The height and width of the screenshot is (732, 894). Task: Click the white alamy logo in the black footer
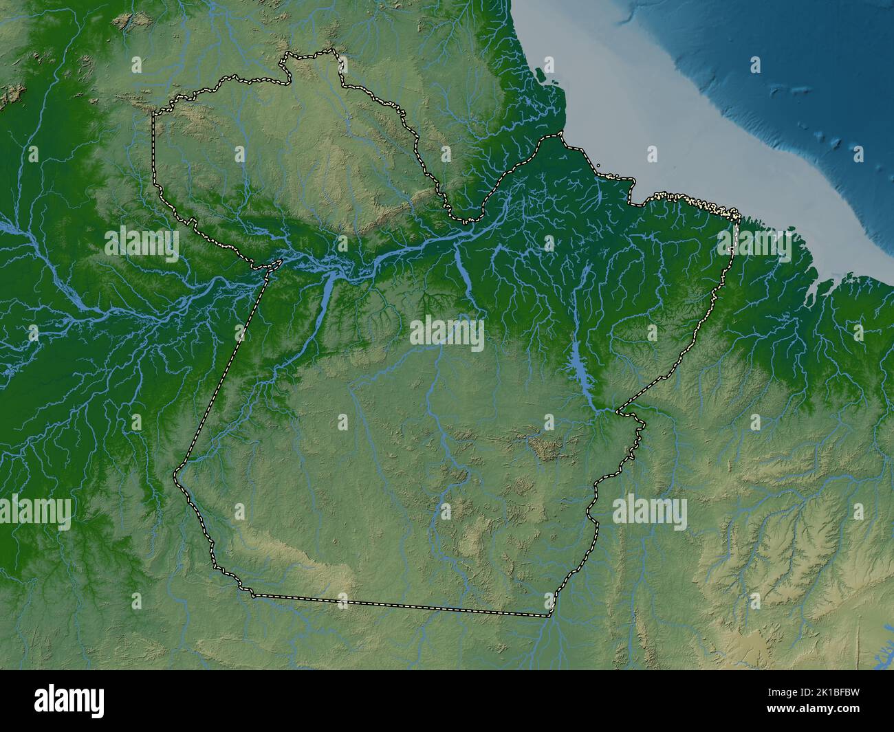click(x=69, y=700)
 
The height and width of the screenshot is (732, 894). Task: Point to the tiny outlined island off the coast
click(x=598, y=165)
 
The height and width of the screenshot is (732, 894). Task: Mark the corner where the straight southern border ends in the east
click(x=550, y=615)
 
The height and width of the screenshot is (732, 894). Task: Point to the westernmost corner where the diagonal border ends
click(x=176, y=474)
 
